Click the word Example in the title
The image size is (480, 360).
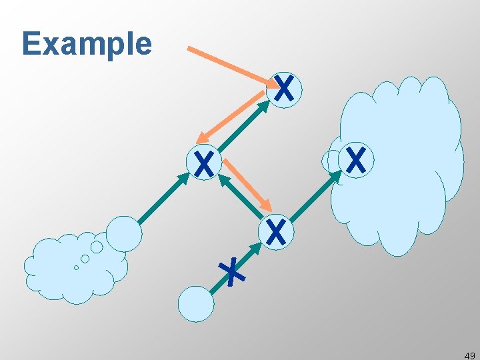pyautogui.click(x=87, y=44)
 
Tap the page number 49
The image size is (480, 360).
pyautogui.click(x=469, y=355)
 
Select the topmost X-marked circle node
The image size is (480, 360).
pyautogui.click(x=284, y=89)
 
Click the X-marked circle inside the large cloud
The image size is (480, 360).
pyautogui.click(x=356, y=160)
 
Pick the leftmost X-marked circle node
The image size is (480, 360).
pyautogui.click(x=205, y=163)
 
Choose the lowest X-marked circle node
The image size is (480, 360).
pyautogui.click(x=276, y=231)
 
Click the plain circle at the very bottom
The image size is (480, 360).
pyautogui.click(x=196, y=303)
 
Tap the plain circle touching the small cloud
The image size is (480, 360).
pyautogui.click(x=124, y=233)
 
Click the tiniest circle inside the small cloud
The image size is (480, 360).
pyautogui.click(x=76, y=267)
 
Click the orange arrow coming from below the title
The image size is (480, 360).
pyautogui.click(x=230, y=65)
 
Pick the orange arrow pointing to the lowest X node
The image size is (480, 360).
pyautogui.click(x=247, y=184)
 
